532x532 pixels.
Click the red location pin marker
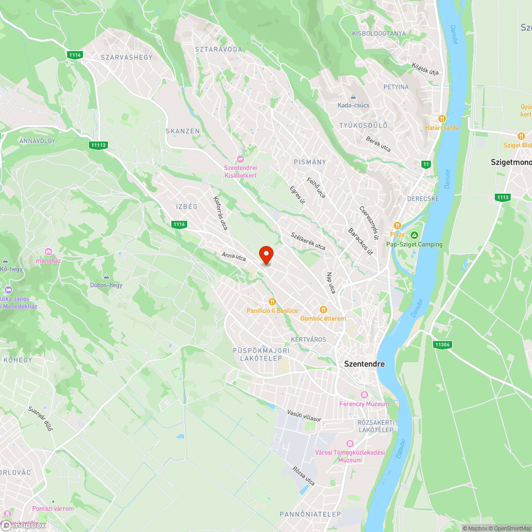265,255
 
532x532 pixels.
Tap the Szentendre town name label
364,364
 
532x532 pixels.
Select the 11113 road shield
99,145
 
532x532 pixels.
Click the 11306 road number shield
442,345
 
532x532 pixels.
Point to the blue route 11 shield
426,164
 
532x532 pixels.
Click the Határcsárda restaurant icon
442,118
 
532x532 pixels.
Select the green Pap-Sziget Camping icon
414,235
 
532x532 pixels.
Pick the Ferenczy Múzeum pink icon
364,395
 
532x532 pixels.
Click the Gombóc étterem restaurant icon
323,310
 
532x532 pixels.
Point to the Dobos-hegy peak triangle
106,277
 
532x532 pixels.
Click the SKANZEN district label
182,131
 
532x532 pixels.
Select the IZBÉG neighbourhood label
187,206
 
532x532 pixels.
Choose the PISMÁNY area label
310,162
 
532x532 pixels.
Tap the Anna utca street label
234,257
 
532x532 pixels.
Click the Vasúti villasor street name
304,415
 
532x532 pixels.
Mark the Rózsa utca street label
303,476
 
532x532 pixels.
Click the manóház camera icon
48,252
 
